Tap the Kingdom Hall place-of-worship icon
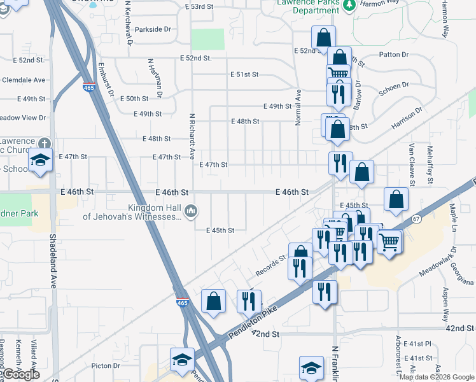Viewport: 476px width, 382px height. (190, 211)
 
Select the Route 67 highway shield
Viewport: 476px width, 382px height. (416, 219)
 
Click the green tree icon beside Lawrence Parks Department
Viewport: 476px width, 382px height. (348, 6)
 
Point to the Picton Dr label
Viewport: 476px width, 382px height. (106, 365)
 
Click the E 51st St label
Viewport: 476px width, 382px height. (244, 74)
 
